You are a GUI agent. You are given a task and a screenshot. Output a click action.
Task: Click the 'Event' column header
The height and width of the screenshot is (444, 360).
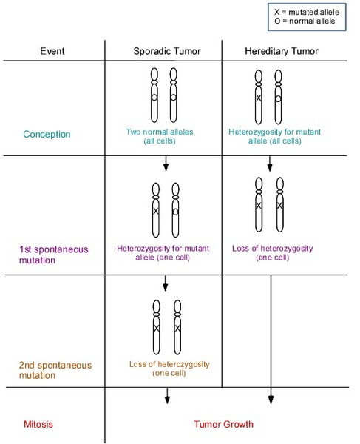pyautogui.click(x=52, y=51)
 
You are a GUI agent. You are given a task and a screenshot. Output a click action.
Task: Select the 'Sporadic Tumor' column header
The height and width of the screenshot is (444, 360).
pyautogui.click(x=167, y=51)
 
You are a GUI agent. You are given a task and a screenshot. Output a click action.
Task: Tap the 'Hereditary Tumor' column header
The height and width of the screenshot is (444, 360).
pyautogui.click(x=282, y=51)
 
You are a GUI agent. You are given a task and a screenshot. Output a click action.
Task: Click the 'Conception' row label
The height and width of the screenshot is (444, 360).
pyautogui.click(x=47, y=134)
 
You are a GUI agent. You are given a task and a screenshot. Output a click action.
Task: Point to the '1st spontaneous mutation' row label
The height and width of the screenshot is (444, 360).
pyautogui.click(x=54, y=255)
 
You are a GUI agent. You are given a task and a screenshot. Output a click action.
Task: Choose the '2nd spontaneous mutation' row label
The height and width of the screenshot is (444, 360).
pyautogui.click(x=55, y=370)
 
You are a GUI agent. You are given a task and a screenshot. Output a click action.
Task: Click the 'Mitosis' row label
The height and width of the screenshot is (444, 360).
pyautogui.click(x=38, y=424)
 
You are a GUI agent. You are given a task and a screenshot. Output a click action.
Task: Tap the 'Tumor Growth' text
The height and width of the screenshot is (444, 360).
pyautogui.click(x=224, y=424)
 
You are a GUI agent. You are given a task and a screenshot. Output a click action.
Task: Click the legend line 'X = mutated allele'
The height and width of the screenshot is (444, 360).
pyautogui.click(x=307, y=12)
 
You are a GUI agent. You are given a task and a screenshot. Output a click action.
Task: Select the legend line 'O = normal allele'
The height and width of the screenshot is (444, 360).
pyautogui.click(x=305, y=21)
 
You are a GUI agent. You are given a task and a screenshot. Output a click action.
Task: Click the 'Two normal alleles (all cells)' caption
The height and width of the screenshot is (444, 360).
pyautogui.click(x=160, y=136)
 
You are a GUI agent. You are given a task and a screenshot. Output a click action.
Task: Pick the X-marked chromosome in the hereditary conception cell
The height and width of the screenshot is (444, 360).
pyautogui.click(x=259, y=97)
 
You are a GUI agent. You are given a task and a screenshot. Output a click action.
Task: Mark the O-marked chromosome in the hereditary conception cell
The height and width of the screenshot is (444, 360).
pyautogui.click(x=278, y=97)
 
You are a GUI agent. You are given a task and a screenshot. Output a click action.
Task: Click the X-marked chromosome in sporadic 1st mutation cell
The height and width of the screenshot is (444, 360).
pyautogui.click(x=156, y=210)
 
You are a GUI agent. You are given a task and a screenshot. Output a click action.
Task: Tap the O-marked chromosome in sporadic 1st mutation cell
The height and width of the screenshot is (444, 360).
pyautogui.click(x=176, y=210)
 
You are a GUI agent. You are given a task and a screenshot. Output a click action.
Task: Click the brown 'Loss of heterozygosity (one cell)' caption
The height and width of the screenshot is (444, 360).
pyautogui.click(x=169, y=369)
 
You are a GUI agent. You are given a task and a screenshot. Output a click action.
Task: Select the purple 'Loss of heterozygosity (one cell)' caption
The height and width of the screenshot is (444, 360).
pyautogui.click(x=273, y=252)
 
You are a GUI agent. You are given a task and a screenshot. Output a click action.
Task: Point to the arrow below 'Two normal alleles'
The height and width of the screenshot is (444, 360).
pyautogui.click(x=166, y=164)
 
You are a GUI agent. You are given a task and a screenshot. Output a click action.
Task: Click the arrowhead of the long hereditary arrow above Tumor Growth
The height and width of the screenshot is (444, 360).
pyautogui.click(x=271, y=400)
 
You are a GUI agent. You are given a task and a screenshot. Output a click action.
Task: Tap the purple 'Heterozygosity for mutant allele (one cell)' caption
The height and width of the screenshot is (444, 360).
pyautogui.click(x=163, y=252)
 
